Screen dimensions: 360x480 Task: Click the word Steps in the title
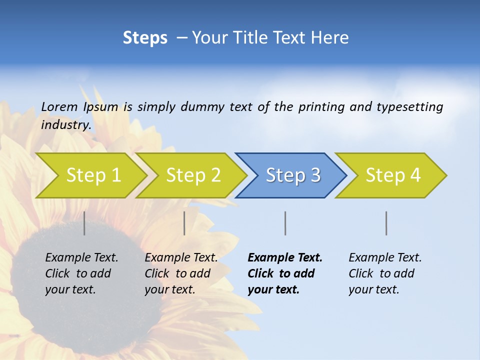coord(145,38)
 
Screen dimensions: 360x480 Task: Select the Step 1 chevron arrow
coord(93,175)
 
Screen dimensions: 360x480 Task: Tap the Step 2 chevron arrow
coord(193,175)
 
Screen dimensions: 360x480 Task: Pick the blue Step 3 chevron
coord(292,175)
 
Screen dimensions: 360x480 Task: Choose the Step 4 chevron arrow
coord(392,175)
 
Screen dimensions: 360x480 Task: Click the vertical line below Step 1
coord(84,223)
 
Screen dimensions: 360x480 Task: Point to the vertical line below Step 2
coord(184,223)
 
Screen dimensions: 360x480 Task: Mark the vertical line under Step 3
coord(285,223)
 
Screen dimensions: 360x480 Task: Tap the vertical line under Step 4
coord(386,223)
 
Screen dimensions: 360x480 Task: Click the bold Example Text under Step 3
coord(285,273)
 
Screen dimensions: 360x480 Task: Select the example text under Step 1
coord(81,273)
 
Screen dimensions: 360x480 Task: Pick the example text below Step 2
coord(181,273)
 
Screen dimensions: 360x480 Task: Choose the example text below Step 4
coord(385,273)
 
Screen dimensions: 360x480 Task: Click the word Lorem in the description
coord(59,106)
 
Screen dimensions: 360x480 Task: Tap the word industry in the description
coord(66,125)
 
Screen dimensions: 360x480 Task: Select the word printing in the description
coord(321,107)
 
